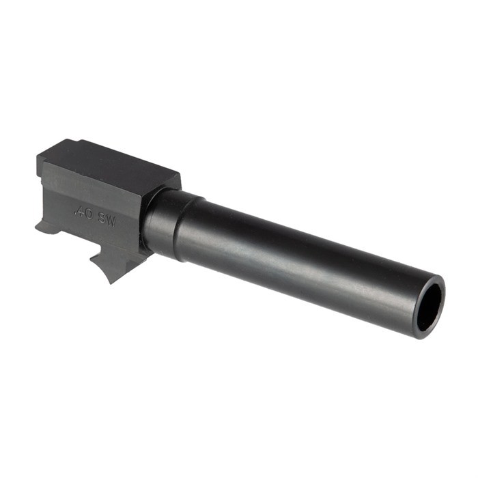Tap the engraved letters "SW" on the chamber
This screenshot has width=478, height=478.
click(x=108, y=219)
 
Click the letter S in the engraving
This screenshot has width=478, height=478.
click(x=102, y=217)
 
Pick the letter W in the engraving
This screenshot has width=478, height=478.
click(x=112, y=220)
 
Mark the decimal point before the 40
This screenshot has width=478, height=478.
click(x=75, y=211)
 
